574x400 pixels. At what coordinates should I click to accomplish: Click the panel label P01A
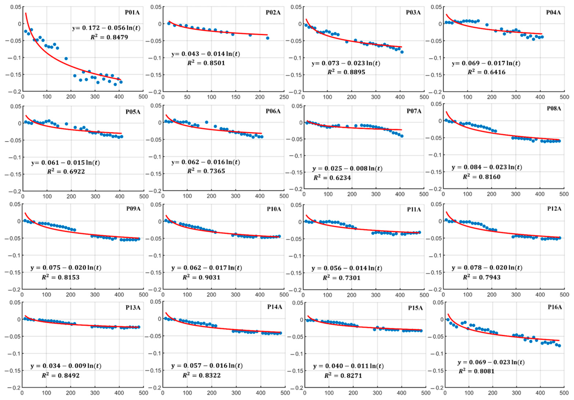point(132,12)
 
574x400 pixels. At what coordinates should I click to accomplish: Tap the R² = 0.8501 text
point(206,63)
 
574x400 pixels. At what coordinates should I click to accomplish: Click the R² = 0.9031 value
point(201,277)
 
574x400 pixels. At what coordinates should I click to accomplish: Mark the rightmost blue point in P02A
point(268,38)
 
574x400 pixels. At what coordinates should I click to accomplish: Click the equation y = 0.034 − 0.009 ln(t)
point(66,366)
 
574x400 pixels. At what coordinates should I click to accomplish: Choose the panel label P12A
point(554,209)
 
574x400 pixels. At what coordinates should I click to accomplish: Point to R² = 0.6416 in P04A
point(487,72)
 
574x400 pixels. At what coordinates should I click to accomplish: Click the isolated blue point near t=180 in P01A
point(66,59)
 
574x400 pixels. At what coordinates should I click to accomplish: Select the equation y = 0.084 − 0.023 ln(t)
point(487,167)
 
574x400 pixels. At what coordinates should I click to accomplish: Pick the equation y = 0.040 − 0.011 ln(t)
point(348,366)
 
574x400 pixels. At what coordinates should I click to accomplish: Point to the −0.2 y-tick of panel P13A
point(14,387)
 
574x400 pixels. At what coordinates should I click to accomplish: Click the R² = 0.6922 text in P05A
point(66,172)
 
